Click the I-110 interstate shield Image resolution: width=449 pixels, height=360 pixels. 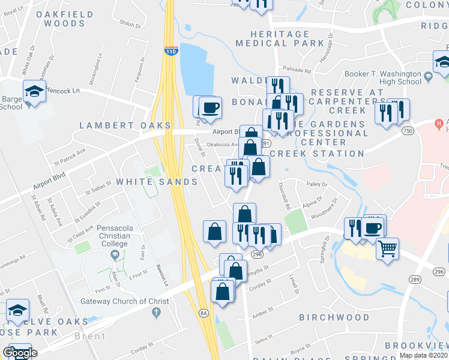(171, 52)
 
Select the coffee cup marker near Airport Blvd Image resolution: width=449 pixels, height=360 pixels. (209, 108)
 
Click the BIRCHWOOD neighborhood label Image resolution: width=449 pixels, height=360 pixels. (334, 317)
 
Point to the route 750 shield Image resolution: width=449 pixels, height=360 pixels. (408, 131)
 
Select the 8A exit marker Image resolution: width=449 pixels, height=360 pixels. (203, 312)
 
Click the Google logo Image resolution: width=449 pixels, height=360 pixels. (20, 353)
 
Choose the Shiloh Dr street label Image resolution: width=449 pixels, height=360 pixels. (130, 25)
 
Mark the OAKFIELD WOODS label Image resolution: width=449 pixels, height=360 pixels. (61, 19)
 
